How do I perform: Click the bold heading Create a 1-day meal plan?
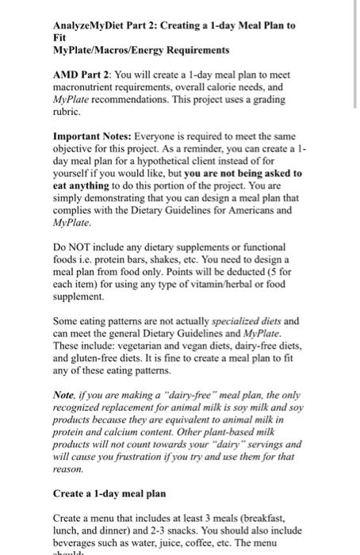click(109, 492)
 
